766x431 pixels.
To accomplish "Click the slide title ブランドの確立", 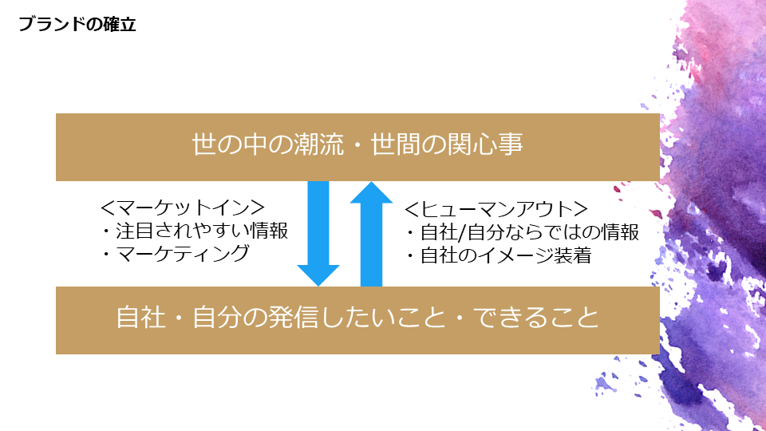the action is coord(77,25).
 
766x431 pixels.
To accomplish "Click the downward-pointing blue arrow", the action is coord(318,227).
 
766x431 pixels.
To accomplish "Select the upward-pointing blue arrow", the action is coord(371,239).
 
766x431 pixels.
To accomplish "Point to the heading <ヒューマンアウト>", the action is coord(496,210).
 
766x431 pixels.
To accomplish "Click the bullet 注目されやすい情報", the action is coord(194,231).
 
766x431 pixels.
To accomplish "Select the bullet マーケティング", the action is coord(176,254).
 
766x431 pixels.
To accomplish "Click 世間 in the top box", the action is coord(393,147).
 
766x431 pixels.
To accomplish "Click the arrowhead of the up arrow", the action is coord(371,193).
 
